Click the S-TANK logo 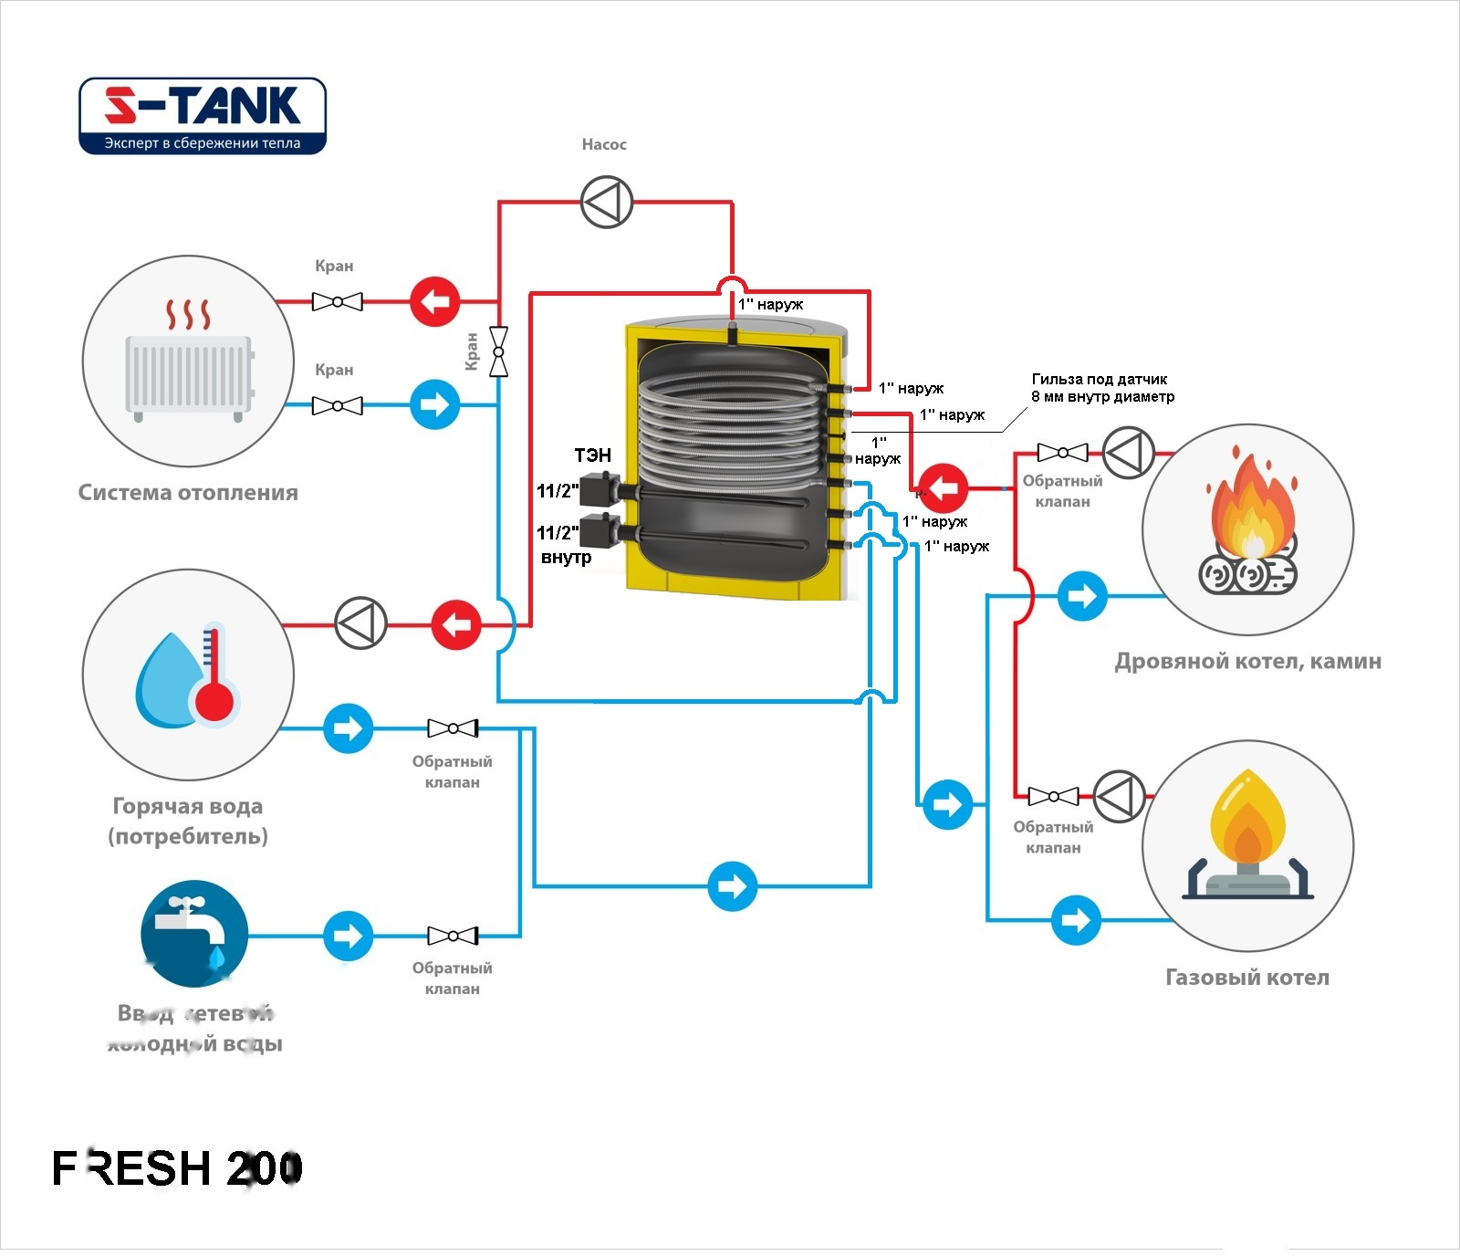click(x=203, y=116)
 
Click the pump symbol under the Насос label click(x=607, y=203)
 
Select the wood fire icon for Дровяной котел click(x=1248, y=529)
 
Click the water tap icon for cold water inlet click(x=193, y=933)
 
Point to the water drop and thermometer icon click(x=189, y=675)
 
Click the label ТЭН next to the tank click(x=592, y=455)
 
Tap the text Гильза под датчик click(x=1100, y=379)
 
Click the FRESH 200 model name click(x=177, y=1168)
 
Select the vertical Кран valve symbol click(x=498, y=351)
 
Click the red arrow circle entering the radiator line click(x=434, y=301)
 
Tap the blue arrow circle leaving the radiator click(x=434, y=404)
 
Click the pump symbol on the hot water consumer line click(x=361, y=624)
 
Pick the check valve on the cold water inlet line click(x=453, y=936)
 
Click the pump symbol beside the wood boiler click(x=1128, y=452)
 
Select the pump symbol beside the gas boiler click(x=1119, y=797)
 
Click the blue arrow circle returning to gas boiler click(x=1077, y=920)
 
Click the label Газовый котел click(x=1247, y=978)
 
